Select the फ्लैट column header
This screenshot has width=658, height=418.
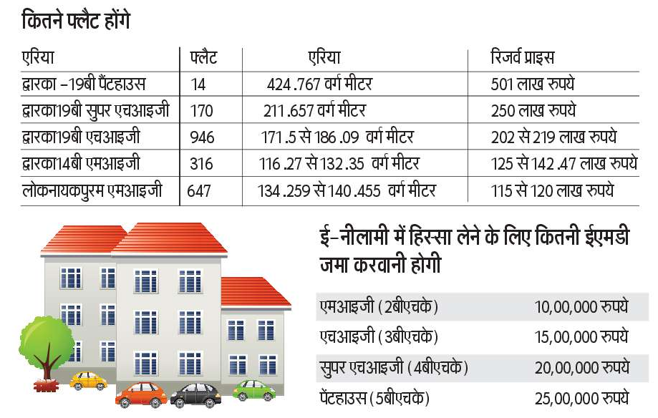click(x=204, y=58)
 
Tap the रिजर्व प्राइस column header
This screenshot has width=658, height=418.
click(x=522, y=58)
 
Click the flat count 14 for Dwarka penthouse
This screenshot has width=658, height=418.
click(x=198, y=84)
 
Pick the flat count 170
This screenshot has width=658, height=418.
click(x=202, y=111)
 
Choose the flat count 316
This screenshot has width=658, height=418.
click(x=201, y=164)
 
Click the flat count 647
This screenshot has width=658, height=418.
click(x=200, y=191)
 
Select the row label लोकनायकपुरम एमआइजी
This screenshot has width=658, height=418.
click(x=92, y=191)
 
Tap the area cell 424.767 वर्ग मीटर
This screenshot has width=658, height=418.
click(x=319, y=84)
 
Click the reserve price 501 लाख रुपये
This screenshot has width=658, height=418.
click(x=533, y=84)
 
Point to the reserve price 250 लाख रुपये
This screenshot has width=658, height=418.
click(x=533, y=111)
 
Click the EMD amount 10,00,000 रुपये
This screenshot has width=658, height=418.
click(x=581, y=307)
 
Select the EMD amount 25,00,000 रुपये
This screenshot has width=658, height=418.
click(x=581, y=397)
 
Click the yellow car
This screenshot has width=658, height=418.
click(x=89, y=379)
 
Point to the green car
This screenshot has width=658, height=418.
click(x=254, y=390)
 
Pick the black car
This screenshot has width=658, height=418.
click(x=195, y=394)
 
